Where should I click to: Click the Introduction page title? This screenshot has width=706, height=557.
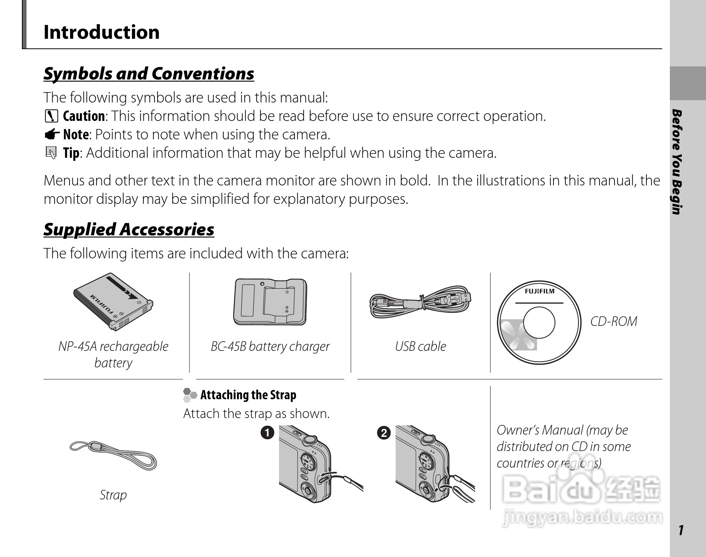tap(101, 32)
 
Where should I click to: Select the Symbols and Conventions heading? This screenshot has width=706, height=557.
tap(149, 74)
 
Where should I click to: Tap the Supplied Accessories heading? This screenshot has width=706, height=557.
tap(129, 230)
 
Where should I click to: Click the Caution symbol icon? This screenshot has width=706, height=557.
tap(51, 116)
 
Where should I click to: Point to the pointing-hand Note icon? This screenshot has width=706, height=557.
tap(51, 134)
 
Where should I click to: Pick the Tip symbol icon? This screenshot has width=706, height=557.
tap(51, 153)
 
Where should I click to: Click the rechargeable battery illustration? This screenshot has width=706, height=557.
tap(113, 302)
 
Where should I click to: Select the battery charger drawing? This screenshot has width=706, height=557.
tap(270, 302)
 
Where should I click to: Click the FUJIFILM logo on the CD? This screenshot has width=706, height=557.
tap(539, 291)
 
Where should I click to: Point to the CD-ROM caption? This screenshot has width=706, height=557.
tap(613, 321)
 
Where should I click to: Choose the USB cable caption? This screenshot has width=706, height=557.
tap(420, 346)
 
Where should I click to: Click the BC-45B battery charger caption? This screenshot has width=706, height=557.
tap(270, 346)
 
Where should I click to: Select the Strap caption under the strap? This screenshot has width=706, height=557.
tap(113, 495)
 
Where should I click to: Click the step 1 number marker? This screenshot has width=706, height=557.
tap(267, 433)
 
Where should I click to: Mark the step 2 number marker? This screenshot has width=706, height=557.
tap(384, 433)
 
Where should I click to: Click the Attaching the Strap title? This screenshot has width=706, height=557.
tap(248, 395)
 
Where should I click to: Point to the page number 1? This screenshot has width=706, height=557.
tap(681, 530)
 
